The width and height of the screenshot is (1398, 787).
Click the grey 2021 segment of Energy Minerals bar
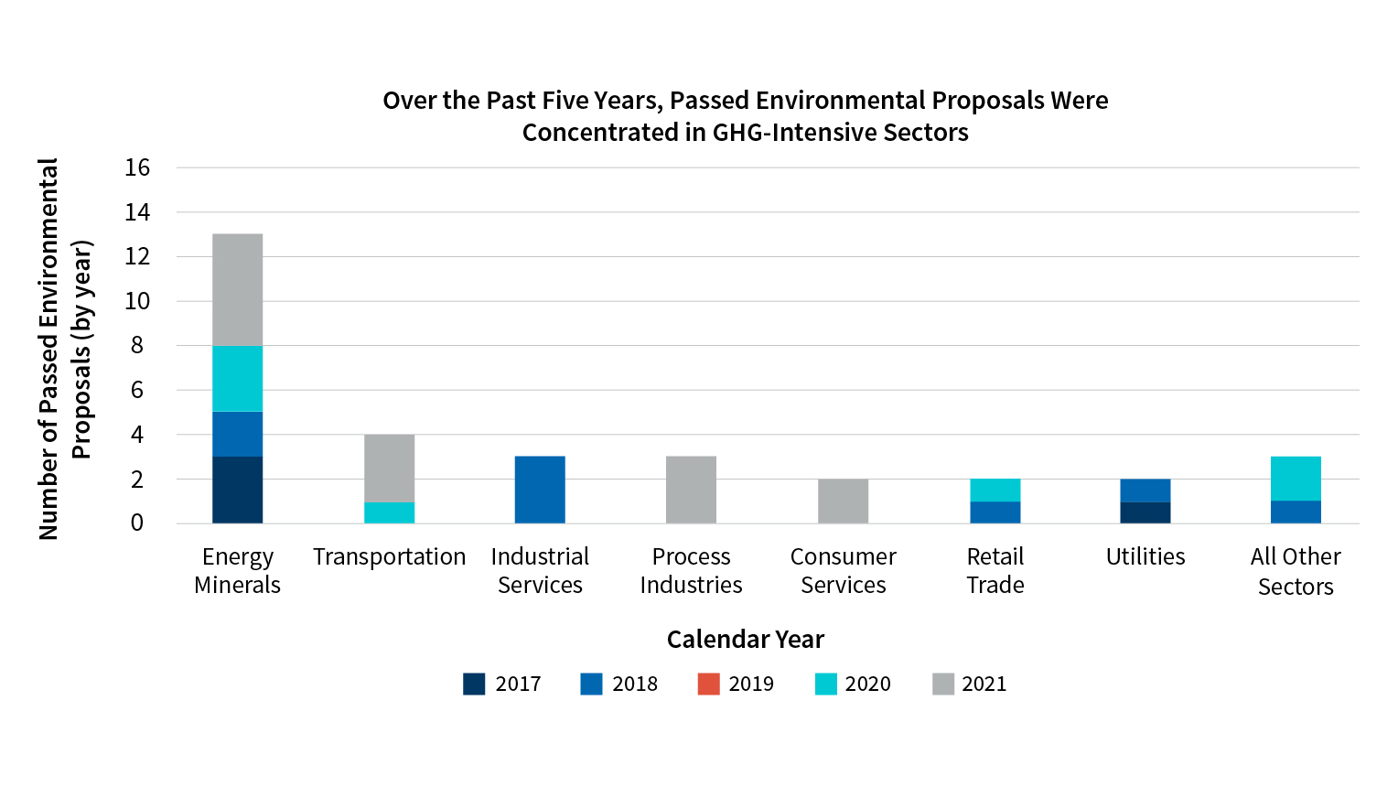[238, 289]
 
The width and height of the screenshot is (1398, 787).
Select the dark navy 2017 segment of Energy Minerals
[238, 490]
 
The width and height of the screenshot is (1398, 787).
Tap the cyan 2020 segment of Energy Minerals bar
[238, 378]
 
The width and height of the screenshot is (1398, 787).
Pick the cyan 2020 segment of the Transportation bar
[389, 512]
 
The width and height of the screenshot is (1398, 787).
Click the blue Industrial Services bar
[540, 490]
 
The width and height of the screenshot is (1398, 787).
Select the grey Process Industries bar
[691, 490]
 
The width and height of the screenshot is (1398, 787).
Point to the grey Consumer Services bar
[843, 501]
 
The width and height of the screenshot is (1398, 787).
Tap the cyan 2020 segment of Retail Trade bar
[995, 490]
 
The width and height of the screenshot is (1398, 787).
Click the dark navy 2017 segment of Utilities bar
[1145, 512]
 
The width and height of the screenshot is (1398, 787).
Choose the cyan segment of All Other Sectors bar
[1296, 478]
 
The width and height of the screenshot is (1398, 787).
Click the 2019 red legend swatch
[708, 684]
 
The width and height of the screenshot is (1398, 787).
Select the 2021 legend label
[984, 684]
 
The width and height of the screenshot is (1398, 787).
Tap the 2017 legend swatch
[474, 684]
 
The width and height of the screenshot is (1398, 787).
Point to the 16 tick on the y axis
[137, 167]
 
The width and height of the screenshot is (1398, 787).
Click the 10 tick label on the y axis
[137, 301]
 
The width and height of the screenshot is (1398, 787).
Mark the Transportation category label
[389, 556]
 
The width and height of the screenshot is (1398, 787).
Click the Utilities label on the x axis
[1145, 556]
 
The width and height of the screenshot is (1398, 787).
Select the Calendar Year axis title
[745, 639]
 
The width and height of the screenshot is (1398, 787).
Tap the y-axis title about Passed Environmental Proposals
[64, 348]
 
